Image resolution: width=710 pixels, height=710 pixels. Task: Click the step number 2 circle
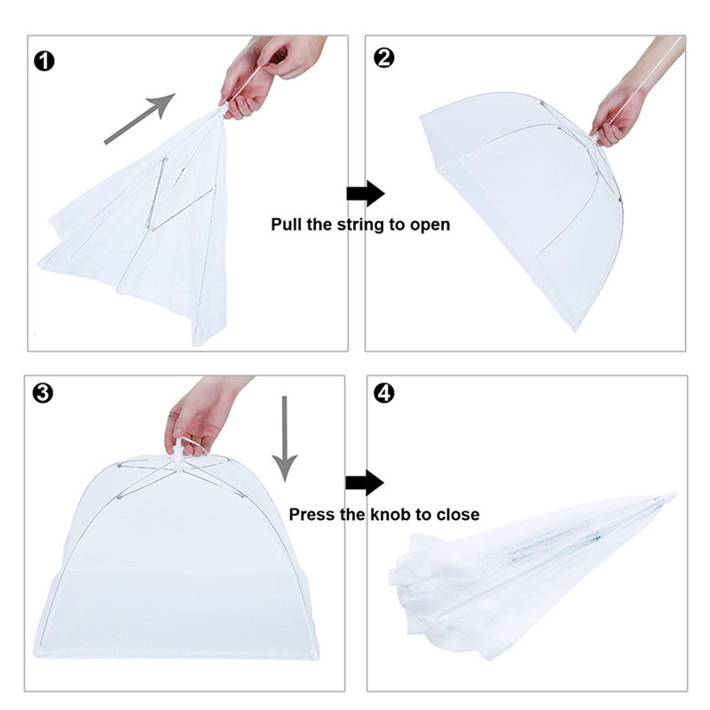384,59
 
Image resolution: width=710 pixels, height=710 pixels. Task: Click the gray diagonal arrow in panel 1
138,117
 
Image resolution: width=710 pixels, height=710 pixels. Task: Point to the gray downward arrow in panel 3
285,437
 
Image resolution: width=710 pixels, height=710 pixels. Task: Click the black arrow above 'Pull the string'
364,193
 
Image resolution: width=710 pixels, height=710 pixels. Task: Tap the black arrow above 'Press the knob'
364,483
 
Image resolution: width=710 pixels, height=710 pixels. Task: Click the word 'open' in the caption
430,225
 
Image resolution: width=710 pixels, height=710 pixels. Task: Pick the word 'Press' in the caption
312,515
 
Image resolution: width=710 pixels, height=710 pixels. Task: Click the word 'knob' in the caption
389,515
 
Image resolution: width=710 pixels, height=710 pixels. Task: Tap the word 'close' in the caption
458,515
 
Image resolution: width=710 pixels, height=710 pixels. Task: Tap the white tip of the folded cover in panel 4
672,497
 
